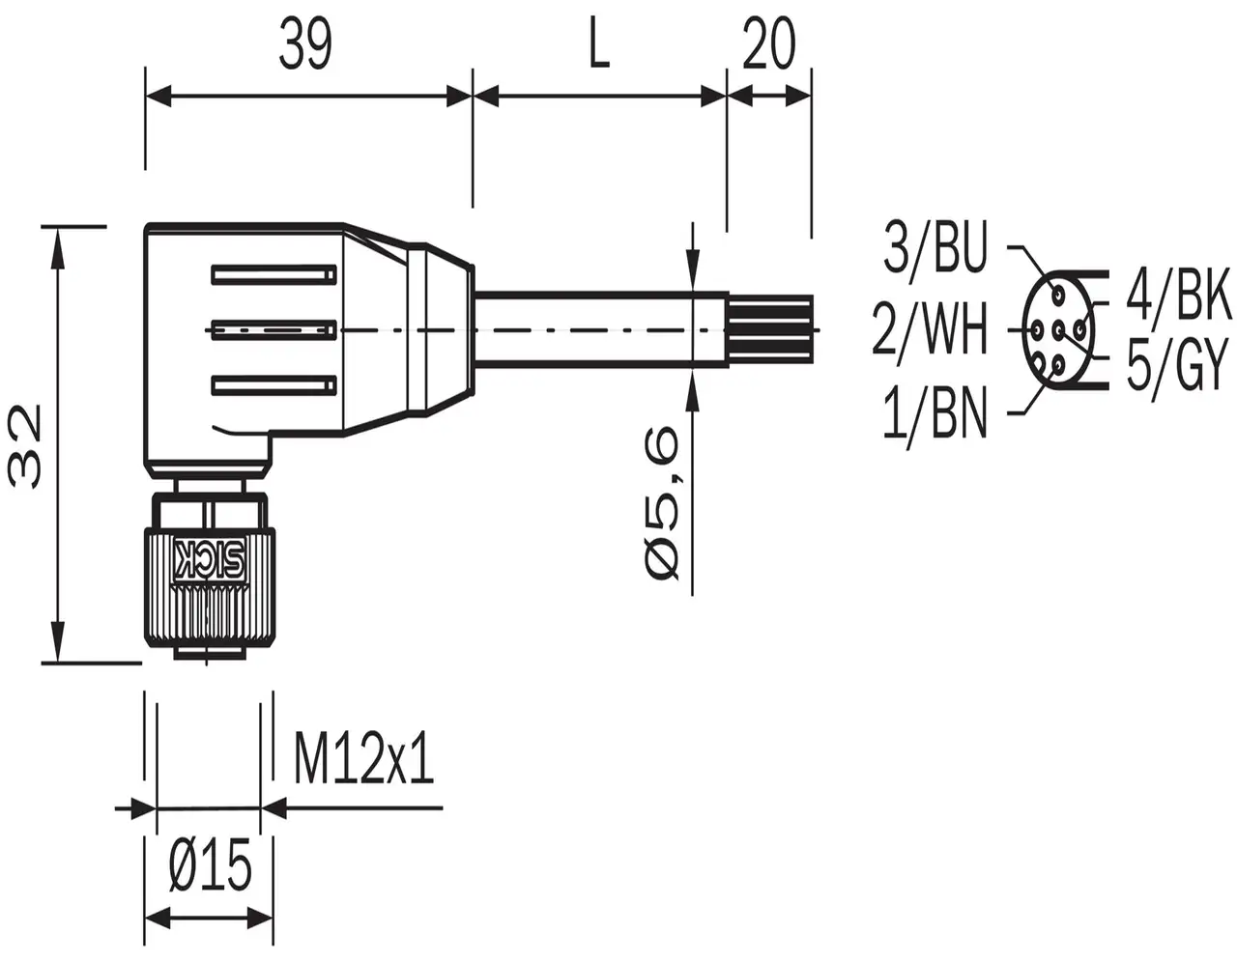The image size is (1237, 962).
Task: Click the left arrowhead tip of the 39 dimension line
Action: click(146, 97)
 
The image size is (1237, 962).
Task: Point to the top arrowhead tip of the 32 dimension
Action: click(57, 228)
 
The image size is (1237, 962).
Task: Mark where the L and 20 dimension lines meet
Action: click(727, 97)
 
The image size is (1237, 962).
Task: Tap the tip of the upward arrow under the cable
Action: click(692, 371)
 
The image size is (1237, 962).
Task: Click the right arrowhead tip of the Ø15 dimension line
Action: click(273, 919)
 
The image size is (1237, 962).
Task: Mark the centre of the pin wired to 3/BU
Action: click(1057, 295)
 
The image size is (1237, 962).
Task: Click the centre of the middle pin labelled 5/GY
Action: click(1059, 328)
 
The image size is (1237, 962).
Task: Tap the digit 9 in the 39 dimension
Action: click(318, 44)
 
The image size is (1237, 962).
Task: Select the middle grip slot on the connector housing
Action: click(273, 330)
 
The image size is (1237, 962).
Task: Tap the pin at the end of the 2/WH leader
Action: click(1037, 328)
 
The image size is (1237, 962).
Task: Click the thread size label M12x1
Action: click(363, 759)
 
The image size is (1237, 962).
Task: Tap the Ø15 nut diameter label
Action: click(211, 864)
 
